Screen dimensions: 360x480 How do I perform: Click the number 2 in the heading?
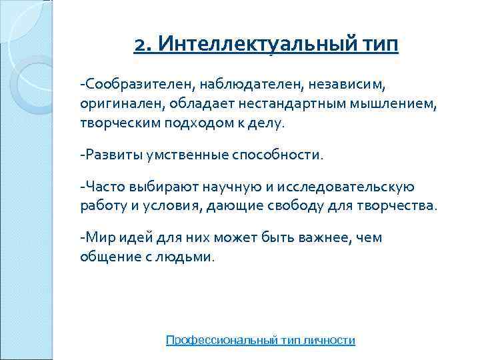139,45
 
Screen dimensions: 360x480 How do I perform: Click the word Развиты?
107,155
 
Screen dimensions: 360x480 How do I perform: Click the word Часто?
101,187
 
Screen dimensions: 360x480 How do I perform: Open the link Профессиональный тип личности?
260,340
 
